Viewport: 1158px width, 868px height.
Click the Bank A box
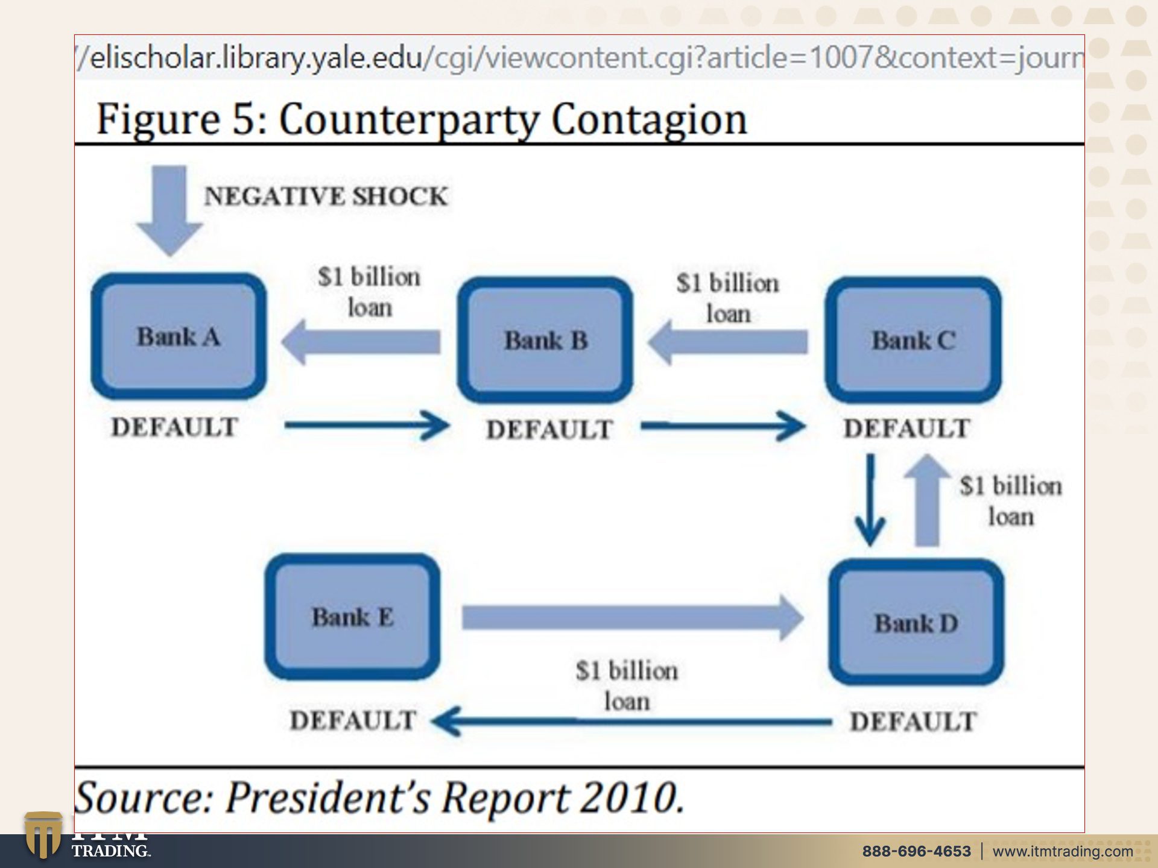[179, 336]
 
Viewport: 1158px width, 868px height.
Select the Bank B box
[545, 340]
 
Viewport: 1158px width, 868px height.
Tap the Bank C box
[913, 340]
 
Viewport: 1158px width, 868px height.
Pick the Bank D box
[916, 622]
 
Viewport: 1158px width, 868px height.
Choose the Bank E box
[352, 617]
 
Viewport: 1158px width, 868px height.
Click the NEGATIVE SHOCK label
[326, 196]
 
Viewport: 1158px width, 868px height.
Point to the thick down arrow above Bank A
[169, 210]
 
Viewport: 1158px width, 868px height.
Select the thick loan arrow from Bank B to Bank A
[361, 342]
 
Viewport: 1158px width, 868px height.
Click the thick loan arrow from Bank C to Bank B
[727, 342]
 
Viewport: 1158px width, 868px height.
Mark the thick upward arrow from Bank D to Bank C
[927, 500]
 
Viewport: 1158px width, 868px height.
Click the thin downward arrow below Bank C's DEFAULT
[870, 500]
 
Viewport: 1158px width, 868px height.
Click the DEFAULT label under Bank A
[175, 427]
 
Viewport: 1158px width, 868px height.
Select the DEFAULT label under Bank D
[913, 722]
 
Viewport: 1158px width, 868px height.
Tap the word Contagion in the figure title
[649, 119]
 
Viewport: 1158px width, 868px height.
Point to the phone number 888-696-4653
[917, 851]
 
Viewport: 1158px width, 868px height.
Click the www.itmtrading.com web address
[1063, 851]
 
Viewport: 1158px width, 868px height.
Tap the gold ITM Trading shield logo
[43, 835]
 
